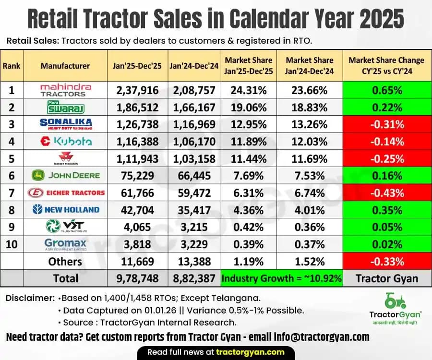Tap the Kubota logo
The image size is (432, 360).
pos(65,142)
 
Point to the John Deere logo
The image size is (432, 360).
pos(65,176)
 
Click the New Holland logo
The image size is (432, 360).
pos(65,210)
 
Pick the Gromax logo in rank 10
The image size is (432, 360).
pos(65,244)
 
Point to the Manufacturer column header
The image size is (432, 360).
pos(65,66)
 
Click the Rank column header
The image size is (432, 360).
pos(12,66)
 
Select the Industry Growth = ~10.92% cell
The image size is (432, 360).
pos(281,278)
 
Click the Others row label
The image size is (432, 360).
pos(65,261)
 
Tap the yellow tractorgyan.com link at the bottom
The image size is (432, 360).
pos(248,352)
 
